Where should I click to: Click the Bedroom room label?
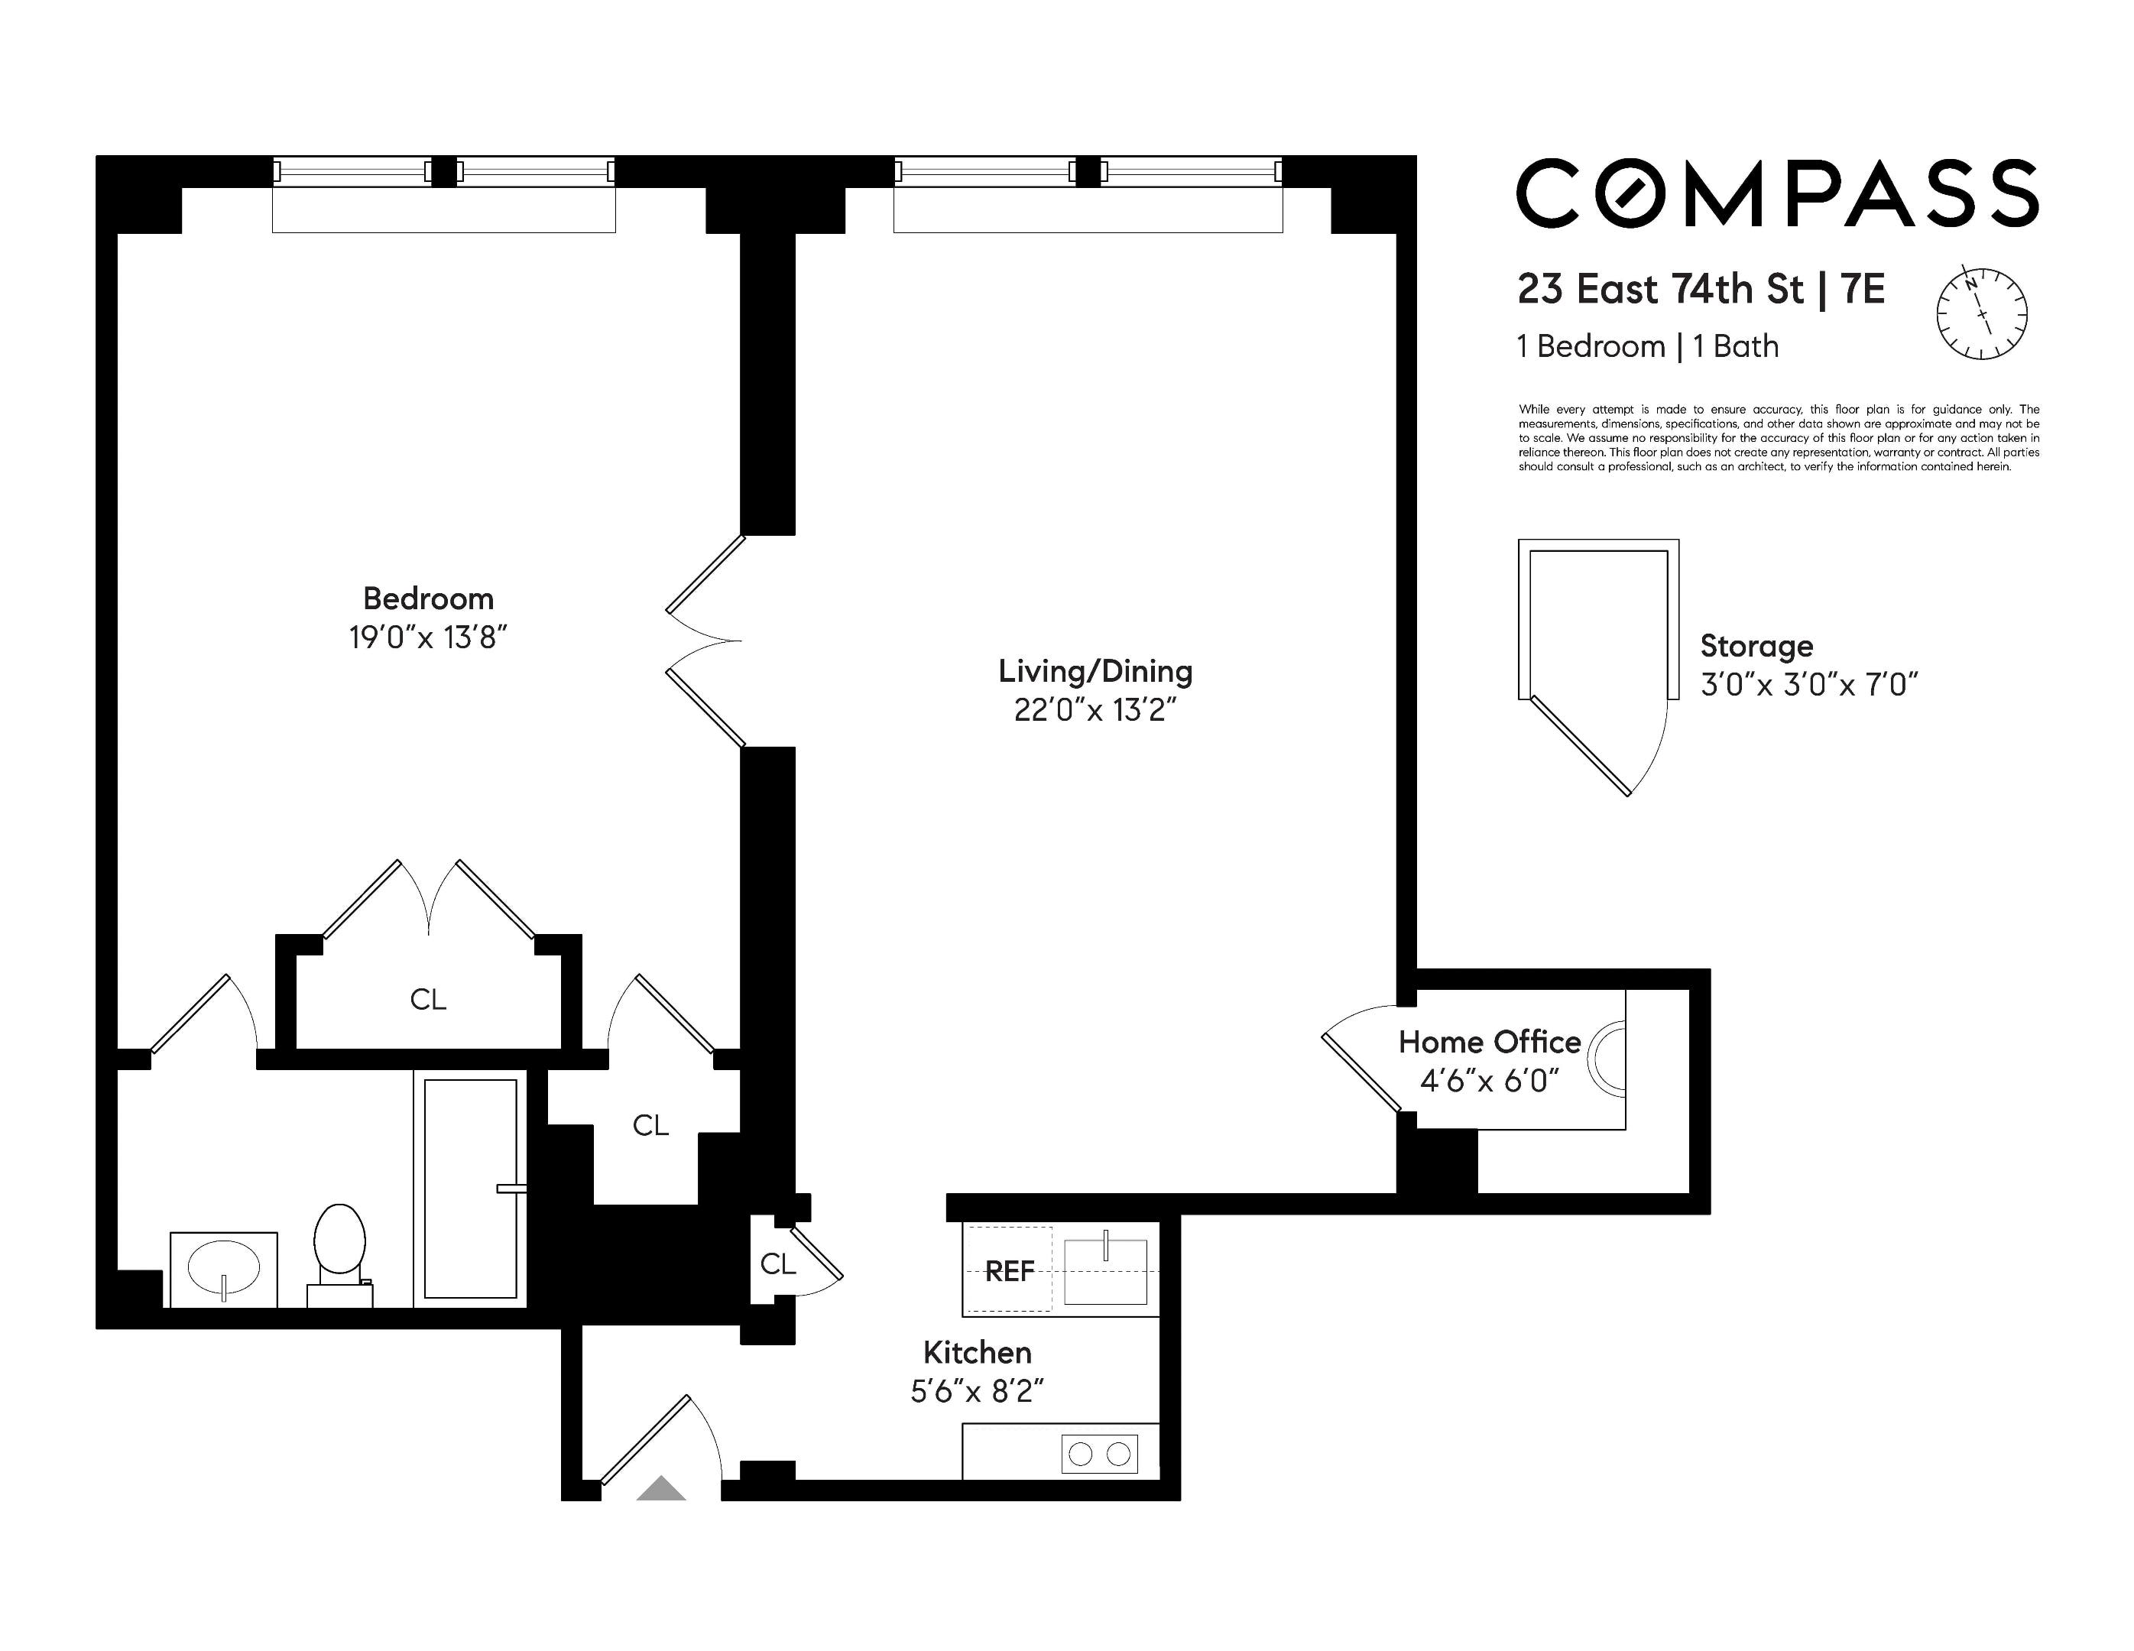point(428,598)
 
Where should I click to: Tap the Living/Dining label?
point(1095,671)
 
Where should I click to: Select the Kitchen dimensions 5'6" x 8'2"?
point(977,1391)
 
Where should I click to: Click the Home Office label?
point(1488,1043)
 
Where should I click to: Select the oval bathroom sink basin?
point(224,1268)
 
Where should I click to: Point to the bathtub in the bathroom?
point(470,1188)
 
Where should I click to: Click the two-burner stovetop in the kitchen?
point(1099,1454)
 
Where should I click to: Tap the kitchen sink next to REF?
point(1104,1271)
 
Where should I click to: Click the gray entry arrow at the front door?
point(661,1488)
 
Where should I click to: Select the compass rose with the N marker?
point(1982,313)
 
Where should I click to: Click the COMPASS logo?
point(1776,193)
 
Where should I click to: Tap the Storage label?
point(1756,646)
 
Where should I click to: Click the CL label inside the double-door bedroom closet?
point(428,1000)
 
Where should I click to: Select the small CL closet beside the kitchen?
point(778,1264)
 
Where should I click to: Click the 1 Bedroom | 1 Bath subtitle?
point(1647,347)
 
